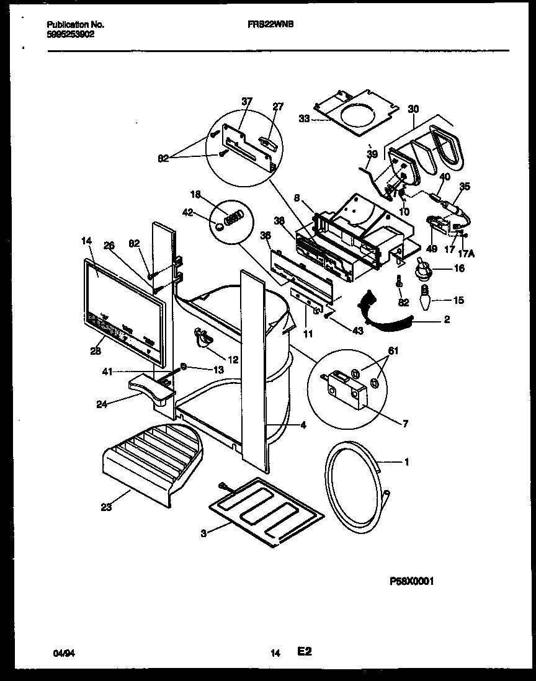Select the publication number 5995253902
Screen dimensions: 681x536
pyautogui.click(x=70, y=35)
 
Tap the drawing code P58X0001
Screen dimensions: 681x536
pyautogui.click(x=411, y=581)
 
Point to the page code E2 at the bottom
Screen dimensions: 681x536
pyautogui.click(x=304, y=652)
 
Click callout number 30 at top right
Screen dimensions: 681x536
pyautogui.click(x=413, y=109)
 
